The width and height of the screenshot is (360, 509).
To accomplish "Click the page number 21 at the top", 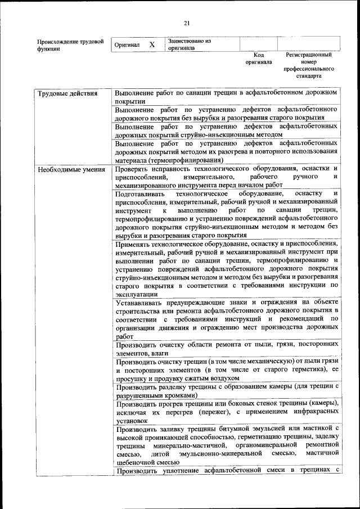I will tap(187, 22).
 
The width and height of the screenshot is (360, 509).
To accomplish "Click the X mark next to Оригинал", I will tap(152, 44).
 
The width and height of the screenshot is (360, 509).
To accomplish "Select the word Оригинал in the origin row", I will tap(127, 44).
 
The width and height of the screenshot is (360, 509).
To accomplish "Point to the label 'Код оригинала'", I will tap(259, 58).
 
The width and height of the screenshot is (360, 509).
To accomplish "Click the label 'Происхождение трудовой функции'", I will tap(70, 45).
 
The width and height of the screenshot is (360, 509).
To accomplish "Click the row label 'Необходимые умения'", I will tap(70, 169).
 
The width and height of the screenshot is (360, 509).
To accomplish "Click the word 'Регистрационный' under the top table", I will tap(309, 55).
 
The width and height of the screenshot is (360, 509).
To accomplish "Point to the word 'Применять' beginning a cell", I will tap(133, 244).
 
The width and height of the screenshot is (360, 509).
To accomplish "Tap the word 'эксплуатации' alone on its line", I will tap(136, 294).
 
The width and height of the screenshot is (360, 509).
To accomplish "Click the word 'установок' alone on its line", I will tap(132, 420).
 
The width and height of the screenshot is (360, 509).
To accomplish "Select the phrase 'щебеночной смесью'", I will tap(147, 462).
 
